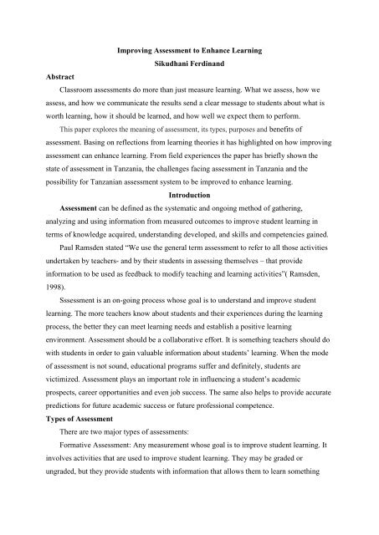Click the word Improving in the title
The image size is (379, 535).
(x=133, y=53)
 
